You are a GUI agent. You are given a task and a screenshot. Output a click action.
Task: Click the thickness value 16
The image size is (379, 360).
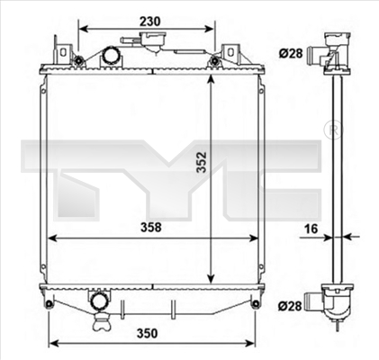(310, 229)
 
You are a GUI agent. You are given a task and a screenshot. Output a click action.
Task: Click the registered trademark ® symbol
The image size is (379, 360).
(334, 130)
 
